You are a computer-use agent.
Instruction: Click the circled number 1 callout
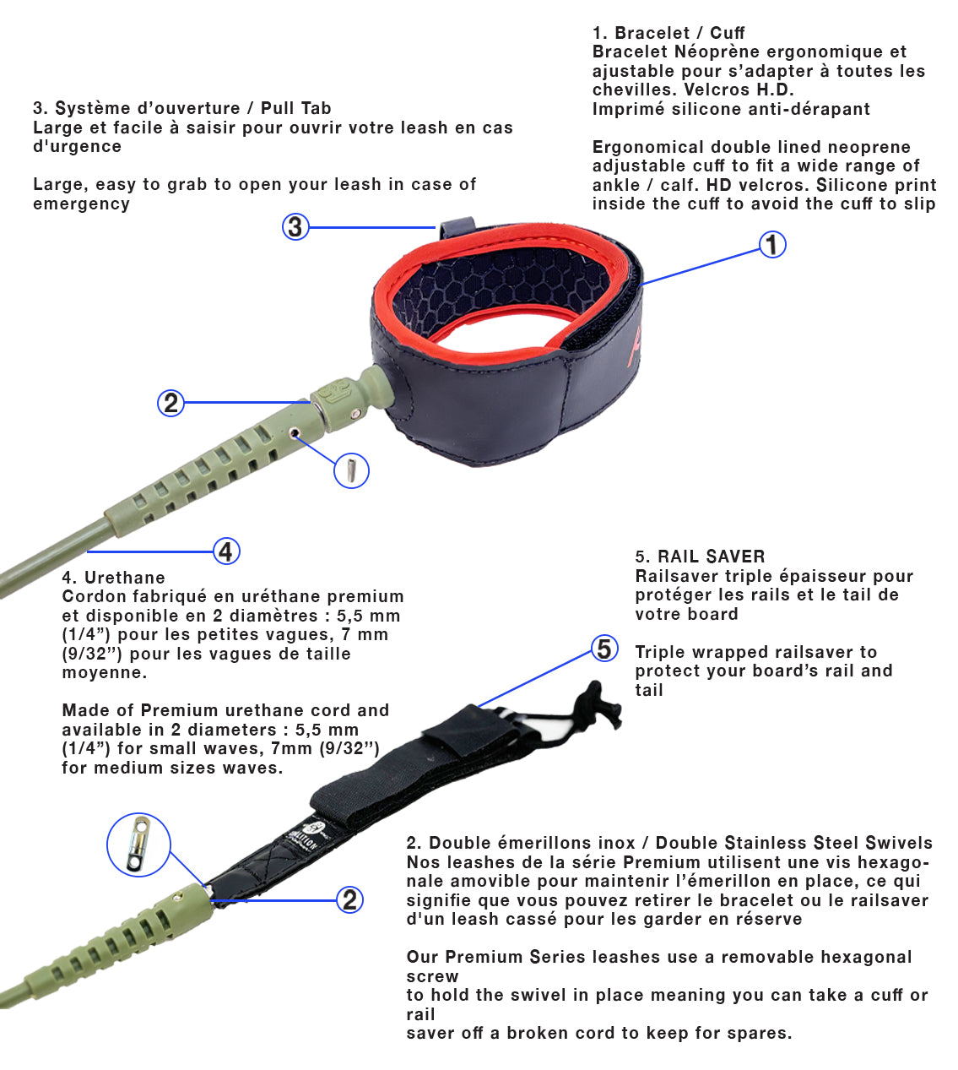(772, 245)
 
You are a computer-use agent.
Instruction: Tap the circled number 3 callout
(295, 226)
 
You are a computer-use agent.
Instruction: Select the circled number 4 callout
(225, 551)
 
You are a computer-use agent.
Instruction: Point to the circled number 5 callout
(604, 649)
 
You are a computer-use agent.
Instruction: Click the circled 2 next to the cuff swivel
(171, 403)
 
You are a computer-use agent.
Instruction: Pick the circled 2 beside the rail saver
(350, 900)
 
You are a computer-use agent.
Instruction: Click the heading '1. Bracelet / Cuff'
(668, 33)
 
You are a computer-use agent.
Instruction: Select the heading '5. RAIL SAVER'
(700, 557)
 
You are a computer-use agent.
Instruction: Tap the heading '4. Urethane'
(113, 578)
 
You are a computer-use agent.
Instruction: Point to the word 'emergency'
(81, 204)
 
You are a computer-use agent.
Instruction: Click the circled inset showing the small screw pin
(352, 470)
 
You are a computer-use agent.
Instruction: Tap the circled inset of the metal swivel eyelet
(138, 845)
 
